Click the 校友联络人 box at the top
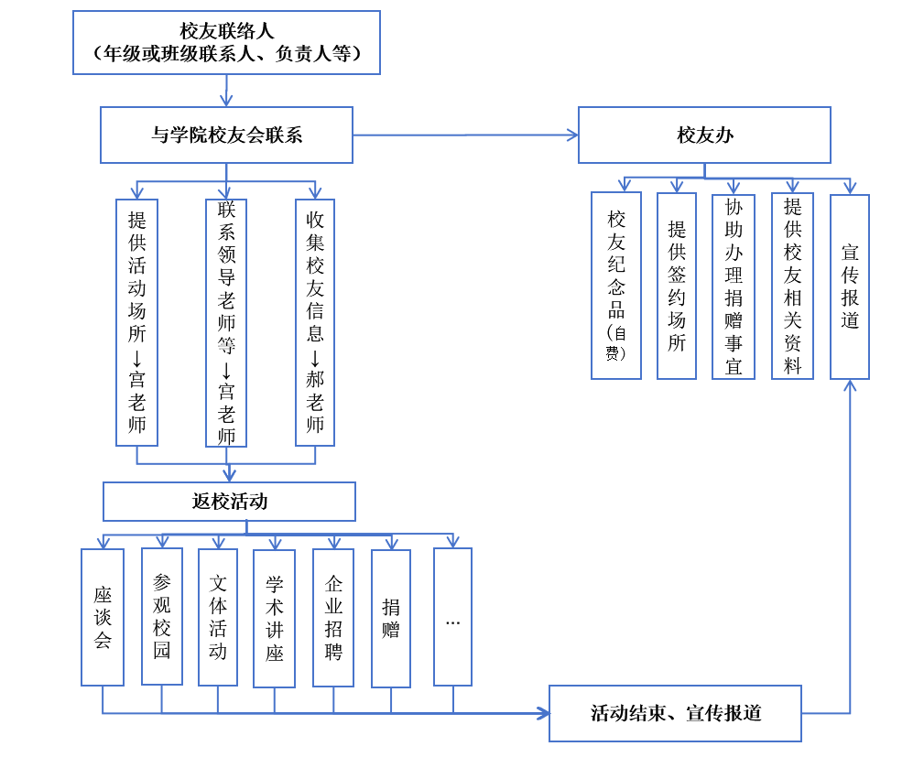tap(226, 42)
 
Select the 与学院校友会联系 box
tap(226, 135)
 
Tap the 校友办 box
tap(704, 135)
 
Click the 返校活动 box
tap(229, 502)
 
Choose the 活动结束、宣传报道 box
tap(675, 713)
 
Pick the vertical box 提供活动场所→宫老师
tap(137, 322)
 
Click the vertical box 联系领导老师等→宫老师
tap(226, 322)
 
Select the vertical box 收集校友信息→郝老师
tap(315, 322)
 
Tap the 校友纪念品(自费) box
tap(616, 286)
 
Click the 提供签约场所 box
tap(677, 286)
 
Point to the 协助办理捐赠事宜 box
tap(734, 286)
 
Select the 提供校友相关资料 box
tap(792, 286)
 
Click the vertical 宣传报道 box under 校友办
tap(850, 286)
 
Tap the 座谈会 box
tap(103, 617)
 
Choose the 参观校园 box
tap(162, 616)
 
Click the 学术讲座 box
tap(275, 618)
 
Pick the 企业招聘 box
tap(333, 617)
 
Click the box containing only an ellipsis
tap(452, 617)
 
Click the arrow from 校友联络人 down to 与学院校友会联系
tap(226, 90)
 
